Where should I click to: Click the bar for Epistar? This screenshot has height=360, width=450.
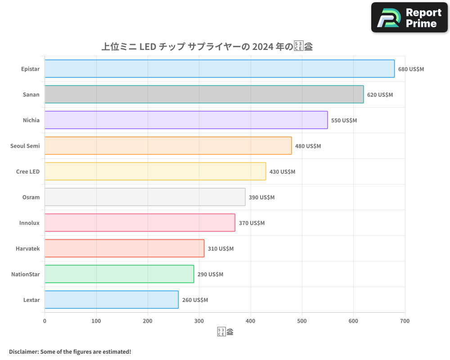click(220, 69)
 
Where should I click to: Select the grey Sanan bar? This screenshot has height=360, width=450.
click(204, 94)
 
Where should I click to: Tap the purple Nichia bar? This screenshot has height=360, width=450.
click(186, 120)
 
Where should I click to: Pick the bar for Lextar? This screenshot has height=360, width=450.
click(112, 300)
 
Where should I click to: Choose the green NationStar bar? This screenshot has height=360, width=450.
click(119, 274)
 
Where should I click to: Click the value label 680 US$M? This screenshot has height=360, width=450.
click(411, 69)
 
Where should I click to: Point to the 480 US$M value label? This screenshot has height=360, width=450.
click(308, 146)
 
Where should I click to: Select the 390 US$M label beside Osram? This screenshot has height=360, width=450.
click(261, 198)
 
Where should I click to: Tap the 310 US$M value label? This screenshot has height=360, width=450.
click(220, 249)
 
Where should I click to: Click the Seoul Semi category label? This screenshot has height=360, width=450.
click(25, 146)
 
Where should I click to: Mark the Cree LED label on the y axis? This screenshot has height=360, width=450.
click(28, 171)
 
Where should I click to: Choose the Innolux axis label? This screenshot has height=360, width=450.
click(29, 223)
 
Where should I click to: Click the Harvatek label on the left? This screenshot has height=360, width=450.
click(27, 248)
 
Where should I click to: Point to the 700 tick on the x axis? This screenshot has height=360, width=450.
click(405, 321)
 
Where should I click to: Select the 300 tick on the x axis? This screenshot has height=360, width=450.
click(199, 321)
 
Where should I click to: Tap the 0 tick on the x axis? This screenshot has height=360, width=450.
click(45, 321)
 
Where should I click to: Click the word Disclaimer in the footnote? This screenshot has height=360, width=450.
click(23, 351)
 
